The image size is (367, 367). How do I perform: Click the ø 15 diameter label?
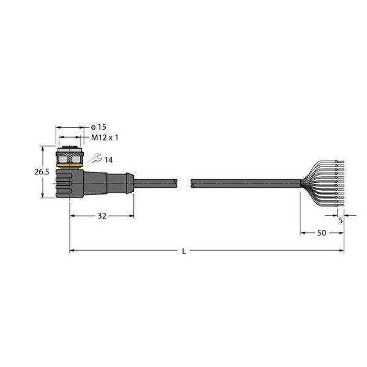[98, 127]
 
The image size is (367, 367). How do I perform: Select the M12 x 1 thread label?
[105, 138]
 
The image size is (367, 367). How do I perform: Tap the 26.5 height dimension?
[42, 172]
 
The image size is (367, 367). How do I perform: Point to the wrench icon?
[95, 158]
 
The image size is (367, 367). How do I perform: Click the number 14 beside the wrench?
[108, 160]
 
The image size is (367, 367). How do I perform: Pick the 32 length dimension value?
[102, 216]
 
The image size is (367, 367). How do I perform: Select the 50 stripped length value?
[322, 233]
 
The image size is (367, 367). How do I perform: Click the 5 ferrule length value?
[341, 220]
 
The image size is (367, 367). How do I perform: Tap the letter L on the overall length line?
[184, 251]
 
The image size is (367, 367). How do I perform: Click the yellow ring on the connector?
[70, 166]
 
